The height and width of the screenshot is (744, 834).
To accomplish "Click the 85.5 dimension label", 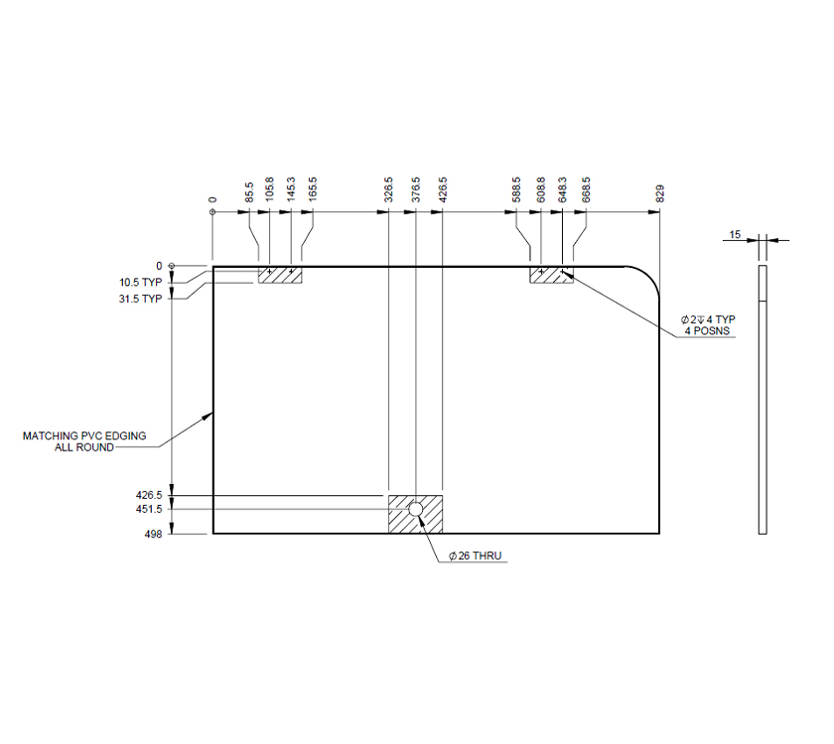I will (249, 191).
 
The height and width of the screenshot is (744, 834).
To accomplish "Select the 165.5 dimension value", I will (312, 191).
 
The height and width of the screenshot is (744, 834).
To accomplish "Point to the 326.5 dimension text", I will (388, 191).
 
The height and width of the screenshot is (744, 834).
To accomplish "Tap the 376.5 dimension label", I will (415, 191).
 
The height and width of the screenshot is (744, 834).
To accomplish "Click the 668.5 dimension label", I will (586, 191).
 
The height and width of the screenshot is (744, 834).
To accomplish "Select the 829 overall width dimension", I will (659, 193).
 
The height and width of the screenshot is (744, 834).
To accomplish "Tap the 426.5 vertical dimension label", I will (148, 494).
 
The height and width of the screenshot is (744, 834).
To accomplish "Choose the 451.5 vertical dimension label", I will (148, 510).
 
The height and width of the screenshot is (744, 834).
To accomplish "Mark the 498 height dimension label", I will (152, 534).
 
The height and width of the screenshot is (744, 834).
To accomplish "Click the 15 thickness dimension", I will (735, 235).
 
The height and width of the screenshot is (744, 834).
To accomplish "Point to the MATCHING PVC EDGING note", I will (84, 435).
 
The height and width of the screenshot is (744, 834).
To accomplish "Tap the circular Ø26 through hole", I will (415, 510).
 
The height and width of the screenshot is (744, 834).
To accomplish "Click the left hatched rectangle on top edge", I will (280, 275).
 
